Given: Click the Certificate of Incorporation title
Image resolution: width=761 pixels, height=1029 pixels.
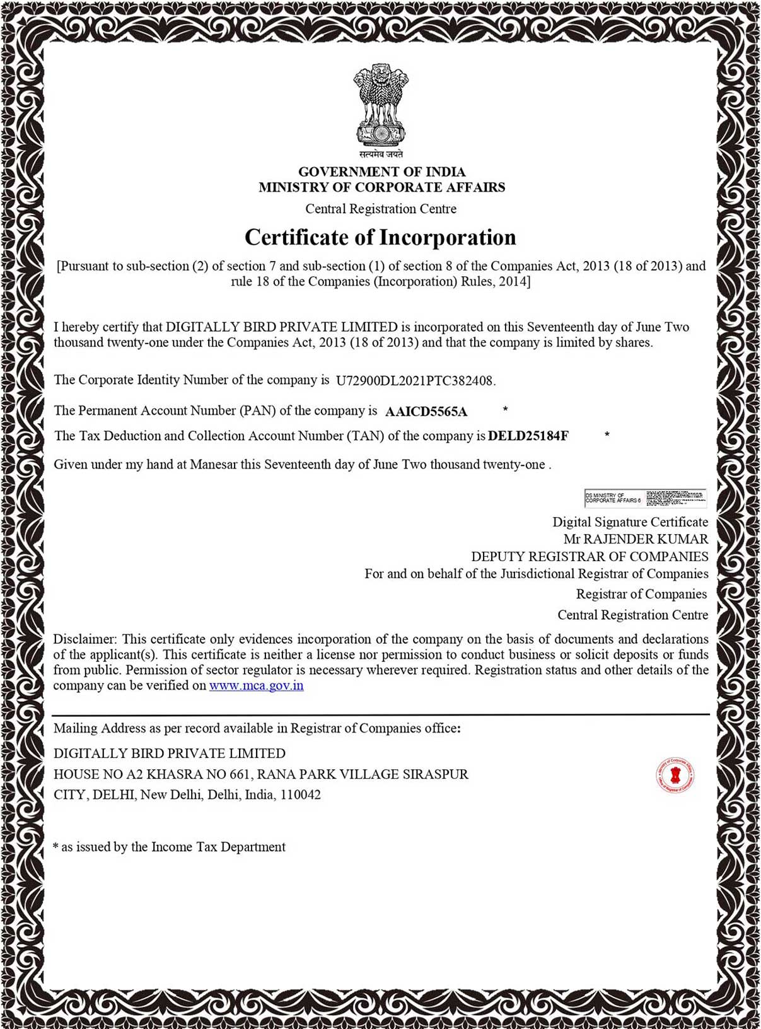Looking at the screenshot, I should [x=380, y=238].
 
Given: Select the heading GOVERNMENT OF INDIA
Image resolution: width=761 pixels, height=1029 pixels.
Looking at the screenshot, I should [x=381, y=171].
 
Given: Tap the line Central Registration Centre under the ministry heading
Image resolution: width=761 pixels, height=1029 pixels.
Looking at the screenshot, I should [x=381, y=209].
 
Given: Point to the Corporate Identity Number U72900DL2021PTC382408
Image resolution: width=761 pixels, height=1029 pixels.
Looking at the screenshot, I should [x=415, y=380].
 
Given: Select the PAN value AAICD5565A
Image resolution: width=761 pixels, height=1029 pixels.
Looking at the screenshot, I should [x=426, y=412].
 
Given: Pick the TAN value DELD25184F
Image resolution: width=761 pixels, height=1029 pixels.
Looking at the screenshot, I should [x=528, y=436].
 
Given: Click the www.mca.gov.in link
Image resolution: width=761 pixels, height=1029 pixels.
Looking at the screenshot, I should [x=256, y=685].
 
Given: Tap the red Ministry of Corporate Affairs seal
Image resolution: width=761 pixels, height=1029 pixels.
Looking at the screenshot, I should [x=675, y=774].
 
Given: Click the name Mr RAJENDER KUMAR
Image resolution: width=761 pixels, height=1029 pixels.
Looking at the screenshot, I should [x=636, y=539].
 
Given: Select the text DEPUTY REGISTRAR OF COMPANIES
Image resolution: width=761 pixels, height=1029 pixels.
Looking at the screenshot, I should [x=590, y=557].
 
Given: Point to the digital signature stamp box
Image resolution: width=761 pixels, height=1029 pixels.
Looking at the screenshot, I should [x=645, y=498].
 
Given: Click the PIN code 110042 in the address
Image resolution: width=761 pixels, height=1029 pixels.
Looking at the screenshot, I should [x=300, y=795].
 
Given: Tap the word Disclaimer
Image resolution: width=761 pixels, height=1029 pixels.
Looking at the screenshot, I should [x=84, y=639].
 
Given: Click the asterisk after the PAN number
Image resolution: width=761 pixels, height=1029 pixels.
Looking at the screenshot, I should [x=505, y=410].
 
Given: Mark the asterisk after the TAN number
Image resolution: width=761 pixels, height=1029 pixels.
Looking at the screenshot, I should [x=607, y=434].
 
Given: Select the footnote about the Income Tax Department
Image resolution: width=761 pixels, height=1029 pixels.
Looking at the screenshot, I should [x=170, y=847].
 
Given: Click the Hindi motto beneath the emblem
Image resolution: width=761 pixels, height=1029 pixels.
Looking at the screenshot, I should [x=381, y=154].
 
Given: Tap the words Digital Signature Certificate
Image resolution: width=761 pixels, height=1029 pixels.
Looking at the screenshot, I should [x=630, y=522].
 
